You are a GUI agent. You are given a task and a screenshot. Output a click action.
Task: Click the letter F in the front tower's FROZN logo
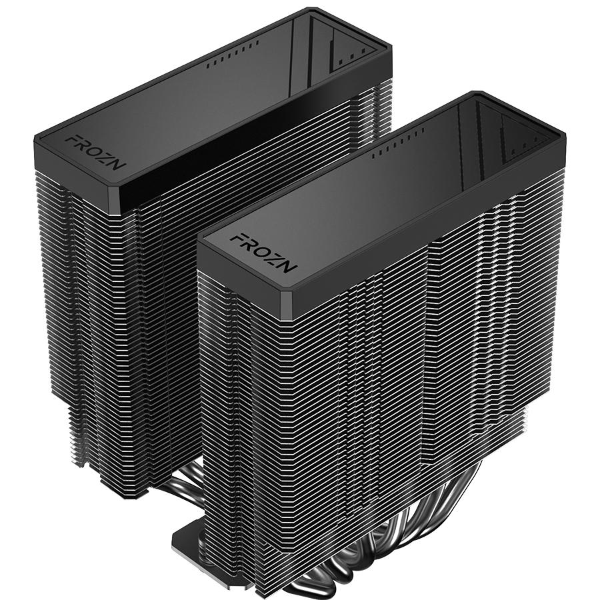click(x=236, y=239)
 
